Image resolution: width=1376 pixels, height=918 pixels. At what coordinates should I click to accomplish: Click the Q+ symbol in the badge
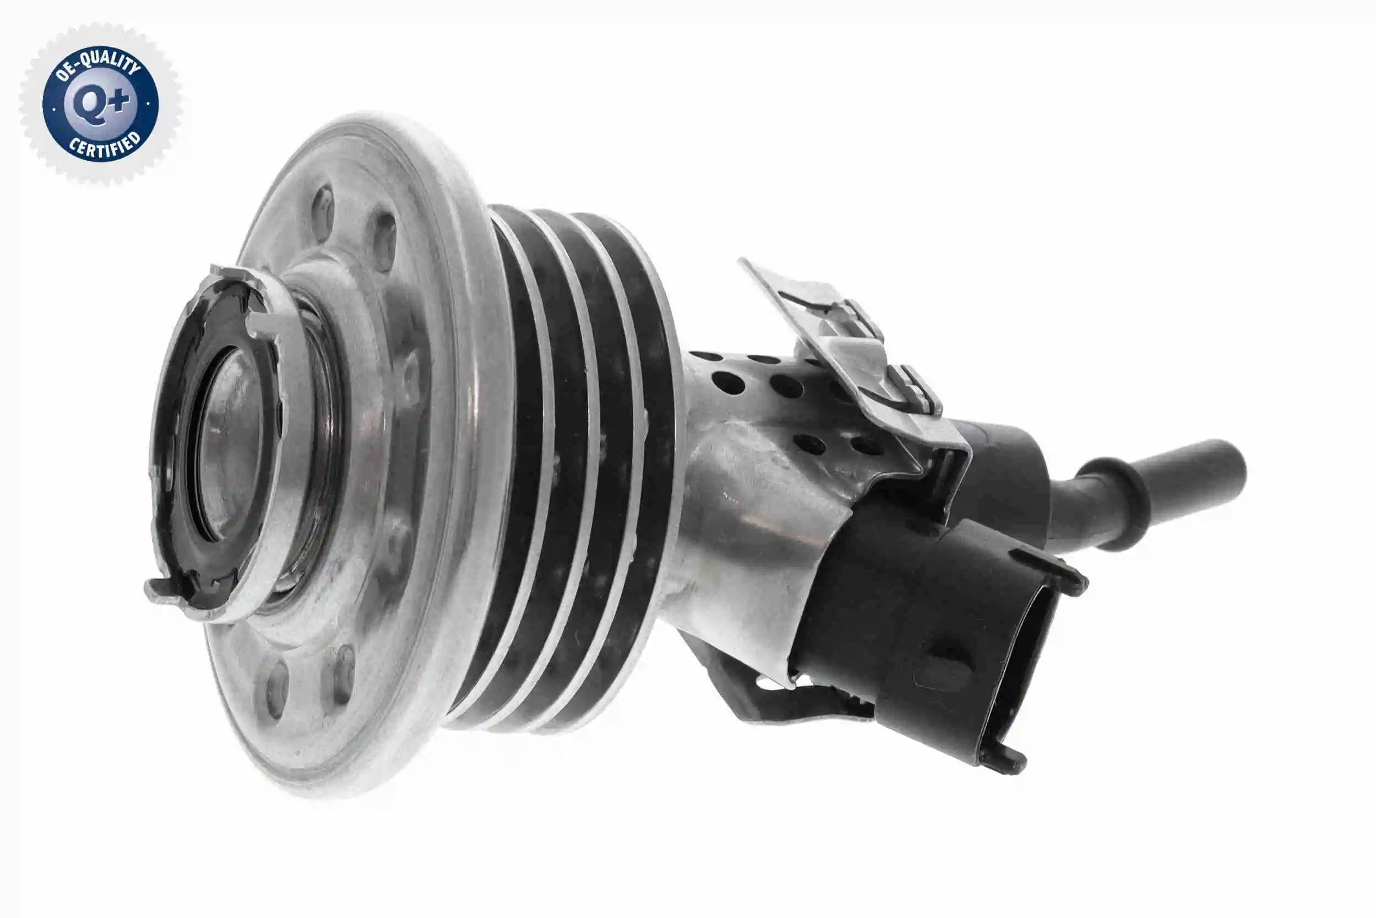tap(100, 105)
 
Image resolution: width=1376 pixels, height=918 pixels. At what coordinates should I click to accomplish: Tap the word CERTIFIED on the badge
tap(105, 146)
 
